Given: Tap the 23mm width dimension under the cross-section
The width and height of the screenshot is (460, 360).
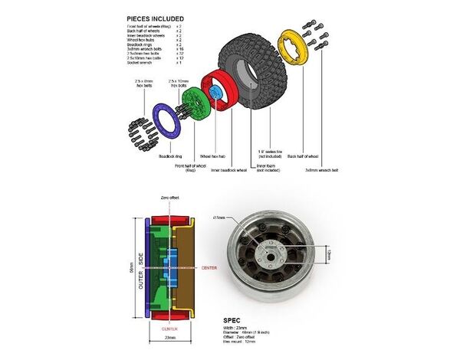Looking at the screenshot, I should pos(169,338).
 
